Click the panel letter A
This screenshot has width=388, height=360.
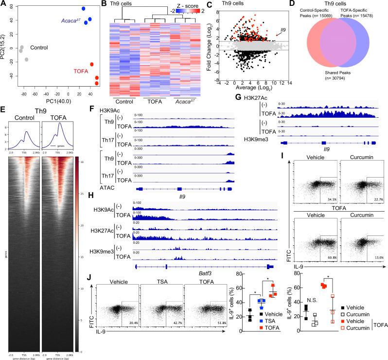4,4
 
